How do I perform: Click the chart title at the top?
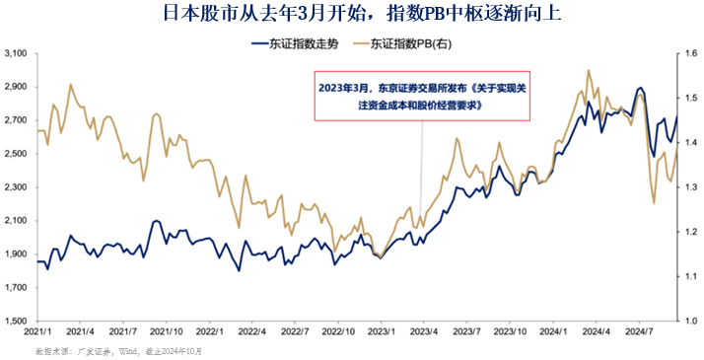pos(351,14)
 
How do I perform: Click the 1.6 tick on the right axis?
pos(690,53)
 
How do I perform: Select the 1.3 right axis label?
pos(690,187)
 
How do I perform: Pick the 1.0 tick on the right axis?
pos(690,322)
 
